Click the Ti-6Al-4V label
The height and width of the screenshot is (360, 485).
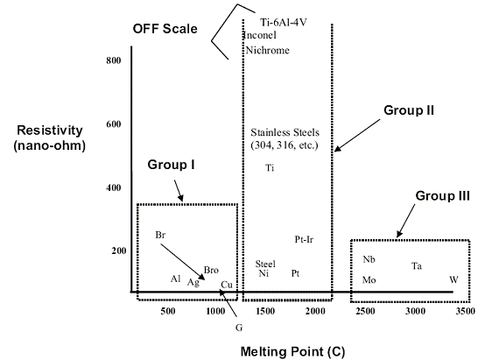pos(284,23)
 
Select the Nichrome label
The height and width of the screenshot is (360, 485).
pos(268,50)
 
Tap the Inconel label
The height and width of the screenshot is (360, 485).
pos(260,35)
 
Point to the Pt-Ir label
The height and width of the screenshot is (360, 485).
pos(304,240)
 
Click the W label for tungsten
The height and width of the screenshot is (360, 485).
pos(453,279)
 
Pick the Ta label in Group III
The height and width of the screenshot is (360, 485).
pos(417,266)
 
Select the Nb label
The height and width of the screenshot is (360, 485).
pos(369,259)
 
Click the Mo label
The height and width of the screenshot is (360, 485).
pos(369,280)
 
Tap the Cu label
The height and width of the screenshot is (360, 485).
pos(227,285)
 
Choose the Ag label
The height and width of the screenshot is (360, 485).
pos(193,282)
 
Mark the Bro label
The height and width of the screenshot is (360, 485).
pos(211,271)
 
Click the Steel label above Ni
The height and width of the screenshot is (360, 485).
pos(265,264)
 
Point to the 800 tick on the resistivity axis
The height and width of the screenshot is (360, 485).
pos(114,60)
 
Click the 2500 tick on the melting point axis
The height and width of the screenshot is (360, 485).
pos(365,311)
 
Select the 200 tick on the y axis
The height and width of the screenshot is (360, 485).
pos(119,251)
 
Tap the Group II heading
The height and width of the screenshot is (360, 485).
pos(409,110)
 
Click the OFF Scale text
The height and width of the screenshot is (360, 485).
pos(165,29)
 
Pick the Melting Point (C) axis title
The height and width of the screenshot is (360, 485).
pos(292,352)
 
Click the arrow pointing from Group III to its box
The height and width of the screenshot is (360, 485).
pos(406,221)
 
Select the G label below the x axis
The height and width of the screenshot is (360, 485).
pos(239,328)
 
